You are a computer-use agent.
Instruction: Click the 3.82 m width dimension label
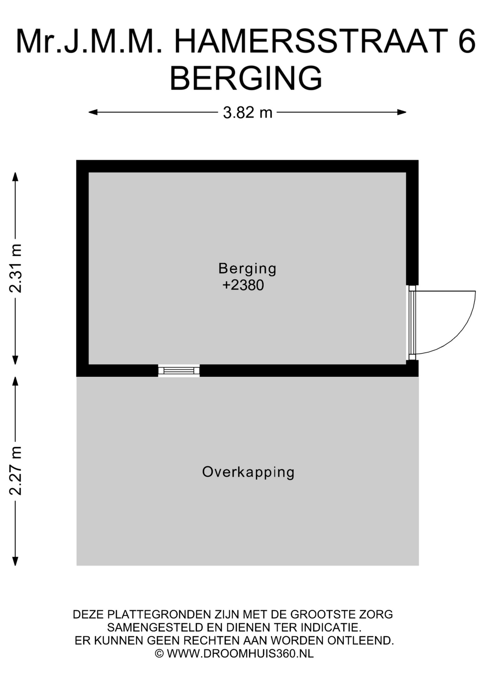click(247, 113)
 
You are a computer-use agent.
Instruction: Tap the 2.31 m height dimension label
click(16, 268)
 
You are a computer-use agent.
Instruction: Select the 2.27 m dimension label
click(16, 471)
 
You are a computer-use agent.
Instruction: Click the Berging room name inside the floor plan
click(247, 269)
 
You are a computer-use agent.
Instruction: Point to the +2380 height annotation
click(243, 285)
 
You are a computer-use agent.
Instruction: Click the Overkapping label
click(248, 472)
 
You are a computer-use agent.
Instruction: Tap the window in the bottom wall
click(179, 371)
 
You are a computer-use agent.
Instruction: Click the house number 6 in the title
click(466, 41)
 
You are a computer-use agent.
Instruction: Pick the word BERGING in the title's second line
click(246, 78)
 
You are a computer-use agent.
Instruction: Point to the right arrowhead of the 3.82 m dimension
click(402, 112)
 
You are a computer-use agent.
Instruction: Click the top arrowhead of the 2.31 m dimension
click(15, 177)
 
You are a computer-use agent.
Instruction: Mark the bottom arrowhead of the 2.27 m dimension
click(15, 561)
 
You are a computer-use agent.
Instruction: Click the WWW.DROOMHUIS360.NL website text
click(240, 653)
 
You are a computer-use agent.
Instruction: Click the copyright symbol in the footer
click(159, 653)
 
